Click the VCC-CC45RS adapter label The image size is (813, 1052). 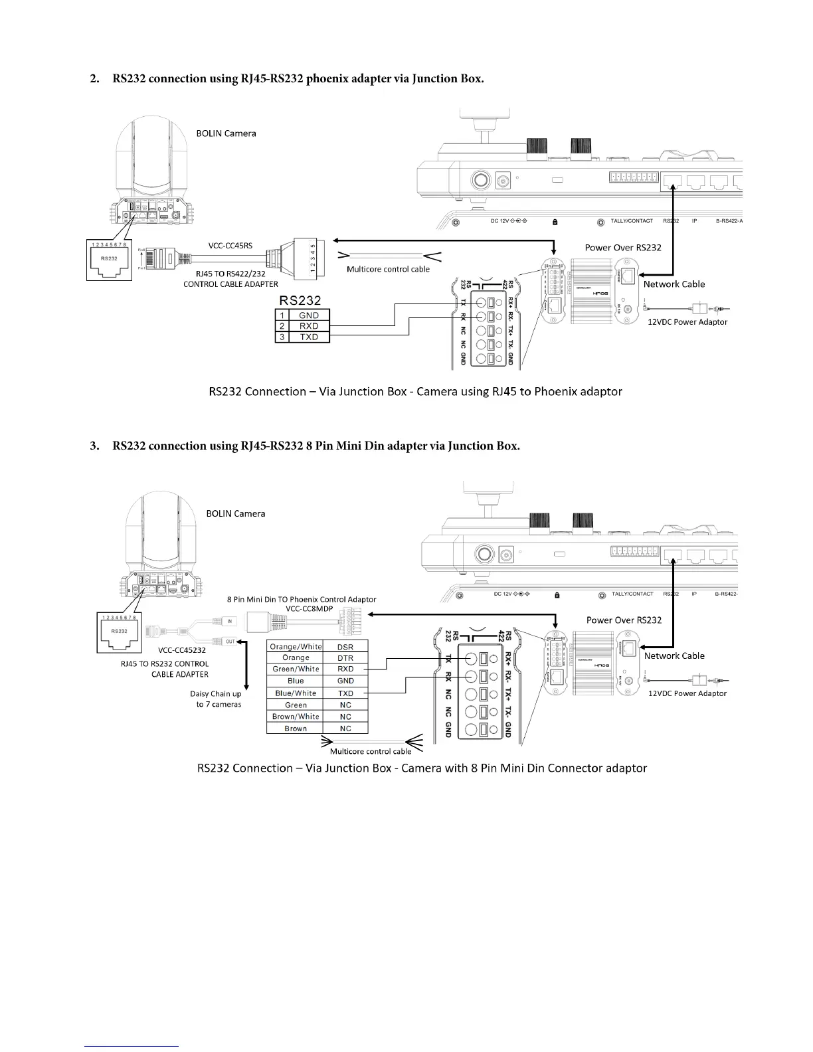pos(230,245)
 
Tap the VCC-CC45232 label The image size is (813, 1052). pos(181,650)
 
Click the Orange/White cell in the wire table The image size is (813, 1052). pos(296,646)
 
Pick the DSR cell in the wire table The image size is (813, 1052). pos(345,646)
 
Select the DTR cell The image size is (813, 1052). pos(345,658)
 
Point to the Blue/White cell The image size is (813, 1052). pos(296,693)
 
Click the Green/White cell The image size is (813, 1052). pos(296,669)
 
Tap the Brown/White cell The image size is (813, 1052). pos(296,717)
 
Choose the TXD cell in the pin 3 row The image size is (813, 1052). pos(309,337)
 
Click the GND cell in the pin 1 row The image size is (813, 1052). pos(309,315)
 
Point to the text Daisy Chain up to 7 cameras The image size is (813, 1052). pos(216,699)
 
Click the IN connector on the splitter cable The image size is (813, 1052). pos(230,622)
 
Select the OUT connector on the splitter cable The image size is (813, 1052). pos(230,642)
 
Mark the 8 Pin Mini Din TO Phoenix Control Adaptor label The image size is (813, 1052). pos(302,599)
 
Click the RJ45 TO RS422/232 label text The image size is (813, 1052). pos(230,274)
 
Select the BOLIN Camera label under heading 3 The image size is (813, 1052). pos(235,513)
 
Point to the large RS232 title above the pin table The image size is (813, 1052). pos(300,300)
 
